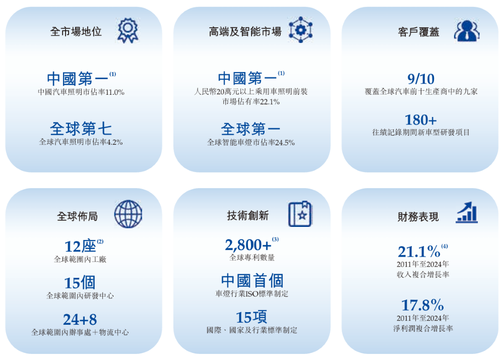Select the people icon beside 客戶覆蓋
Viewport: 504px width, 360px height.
(x=466, y=31)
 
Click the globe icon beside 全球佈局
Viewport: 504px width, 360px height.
(x=128, y=214)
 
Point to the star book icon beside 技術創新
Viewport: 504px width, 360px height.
(x=300, y=214)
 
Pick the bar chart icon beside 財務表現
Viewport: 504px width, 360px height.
(x=466, y=213)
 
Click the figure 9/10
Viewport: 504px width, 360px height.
(x=421, y=79)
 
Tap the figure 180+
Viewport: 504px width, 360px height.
(x=421, y=120)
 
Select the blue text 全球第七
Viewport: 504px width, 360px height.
(x=81, y=129)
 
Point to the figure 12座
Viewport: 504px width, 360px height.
(x=80, y=247)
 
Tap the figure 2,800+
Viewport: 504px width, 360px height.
(x=248, y=245)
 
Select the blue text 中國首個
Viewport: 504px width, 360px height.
(x=252, y=281)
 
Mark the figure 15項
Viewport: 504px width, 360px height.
(x=251, y=317)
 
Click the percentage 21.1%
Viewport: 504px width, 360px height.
(x=419, y=251)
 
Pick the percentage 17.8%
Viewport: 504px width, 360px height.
(x=422, y=306)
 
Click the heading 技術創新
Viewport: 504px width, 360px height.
(x=248, y=216)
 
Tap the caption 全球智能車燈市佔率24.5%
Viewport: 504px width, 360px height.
(x=251, y=143)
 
